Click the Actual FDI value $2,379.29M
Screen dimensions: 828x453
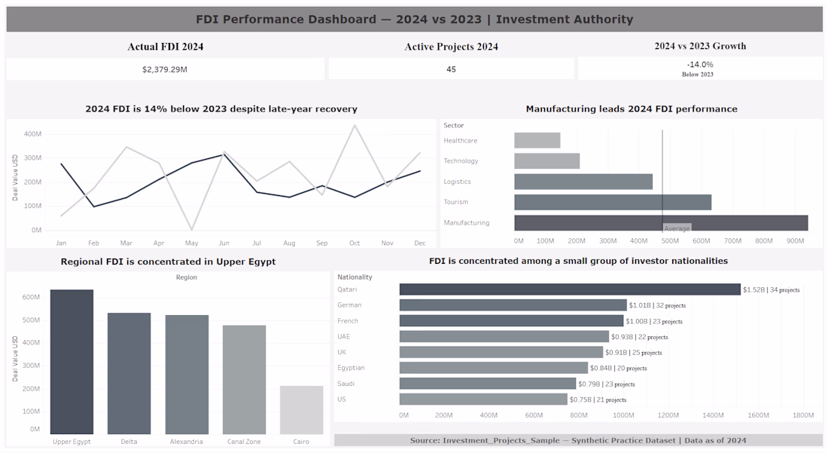coord(165,69)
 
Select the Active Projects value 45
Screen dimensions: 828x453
coord(451,69)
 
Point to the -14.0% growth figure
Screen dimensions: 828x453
coord(700,65)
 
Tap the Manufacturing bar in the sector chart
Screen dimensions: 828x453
coord(661,222)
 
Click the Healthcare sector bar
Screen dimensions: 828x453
coord(537,141)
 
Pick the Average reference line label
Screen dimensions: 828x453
coord(677,228)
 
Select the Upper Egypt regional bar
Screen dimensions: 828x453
coord(72,362)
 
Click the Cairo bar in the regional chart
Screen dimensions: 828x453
coord(302,409)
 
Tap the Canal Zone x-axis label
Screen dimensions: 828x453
coord(244,442)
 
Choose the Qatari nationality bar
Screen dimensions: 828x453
coord(570,289)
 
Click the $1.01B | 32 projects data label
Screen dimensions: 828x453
coord(657,305)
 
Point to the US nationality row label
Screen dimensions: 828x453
coord(342,399)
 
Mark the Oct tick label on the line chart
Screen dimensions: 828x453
coord(355,243)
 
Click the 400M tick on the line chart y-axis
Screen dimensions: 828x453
coord(32,134)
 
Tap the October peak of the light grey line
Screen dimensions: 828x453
coord(355,125)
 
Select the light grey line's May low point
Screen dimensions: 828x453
coord(192,229)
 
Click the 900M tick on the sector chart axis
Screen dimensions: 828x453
coord(796,241)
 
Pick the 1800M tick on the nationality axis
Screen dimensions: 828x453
coord(803,415)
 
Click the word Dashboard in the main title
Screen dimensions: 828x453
coord(342,20)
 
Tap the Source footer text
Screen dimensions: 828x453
coord(578,440)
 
